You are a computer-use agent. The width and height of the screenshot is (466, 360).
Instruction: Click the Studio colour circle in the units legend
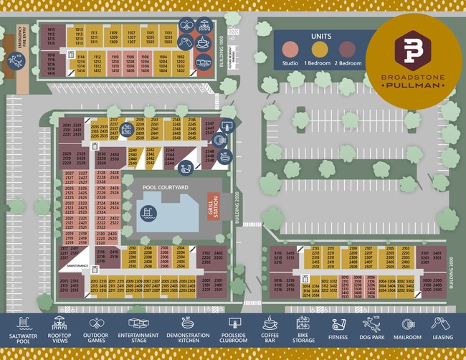coord(290,49)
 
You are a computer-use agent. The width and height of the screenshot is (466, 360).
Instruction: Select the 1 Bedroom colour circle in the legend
coord(320,49)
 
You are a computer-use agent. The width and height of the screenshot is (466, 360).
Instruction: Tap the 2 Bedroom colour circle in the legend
coord(348,49)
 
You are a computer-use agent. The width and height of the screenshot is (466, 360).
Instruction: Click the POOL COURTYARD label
coord(166,187)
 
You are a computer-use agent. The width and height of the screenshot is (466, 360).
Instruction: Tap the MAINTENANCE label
coord(78,266)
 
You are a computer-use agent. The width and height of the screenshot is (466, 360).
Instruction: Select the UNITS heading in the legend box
coord(320,35)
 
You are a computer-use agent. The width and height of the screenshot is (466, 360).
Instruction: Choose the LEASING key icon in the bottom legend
coord(442,323)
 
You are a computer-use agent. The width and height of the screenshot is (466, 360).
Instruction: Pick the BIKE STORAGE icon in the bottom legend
coord(303,323)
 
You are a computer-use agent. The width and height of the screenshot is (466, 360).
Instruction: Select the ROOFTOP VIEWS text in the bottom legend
coord(60,339)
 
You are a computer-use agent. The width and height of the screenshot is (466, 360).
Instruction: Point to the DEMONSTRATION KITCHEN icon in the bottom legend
coord(189,323)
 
